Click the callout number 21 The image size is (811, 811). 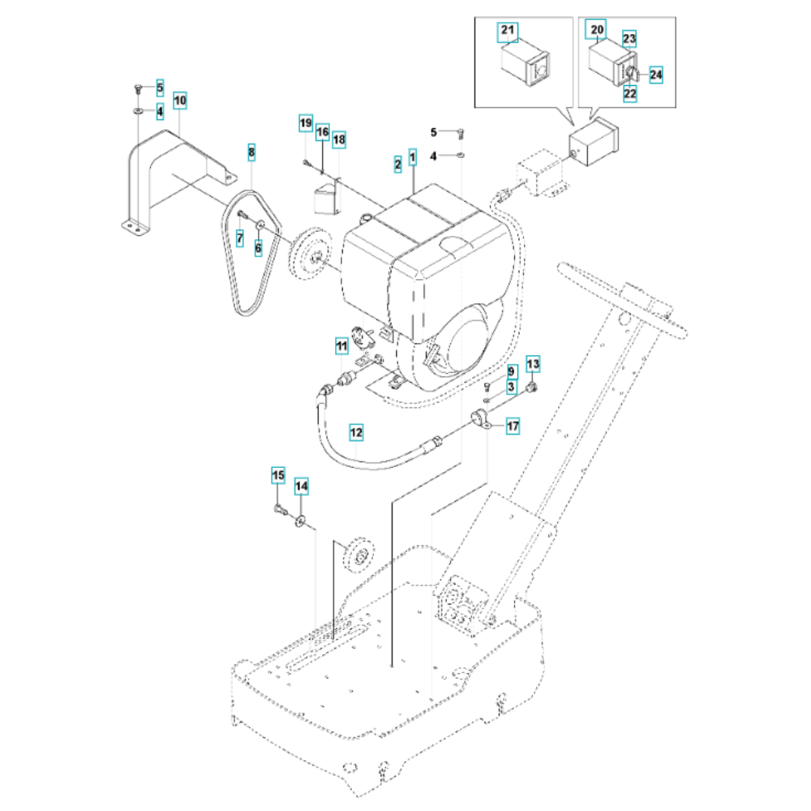pos(508,30)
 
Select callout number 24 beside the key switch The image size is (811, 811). pos(655,75)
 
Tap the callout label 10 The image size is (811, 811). pos(179,101)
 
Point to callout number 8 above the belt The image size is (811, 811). pos(251,152)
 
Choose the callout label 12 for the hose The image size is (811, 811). pos(356,432)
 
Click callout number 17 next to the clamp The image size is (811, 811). pos(512,427)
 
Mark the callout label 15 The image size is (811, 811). pos(278,475)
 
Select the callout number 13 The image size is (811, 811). pos(533,364)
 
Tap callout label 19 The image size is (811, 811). pos(306,123)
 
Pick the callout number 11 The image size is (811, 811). pos(341,346)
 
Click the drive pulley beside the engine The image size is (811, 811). pos(310,254)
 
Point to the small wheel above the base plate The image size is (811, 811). pos(359,556)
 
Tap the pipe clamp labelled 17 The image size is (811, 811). pos(481,419)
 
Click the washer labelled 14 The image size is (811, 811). pos(300,521)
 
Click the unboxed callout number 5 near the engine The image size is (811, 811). pos(434,132)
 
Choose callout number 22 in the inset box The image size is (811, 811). pos(629,93)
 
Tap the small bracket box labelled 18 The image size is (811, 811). pos(326,199)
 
